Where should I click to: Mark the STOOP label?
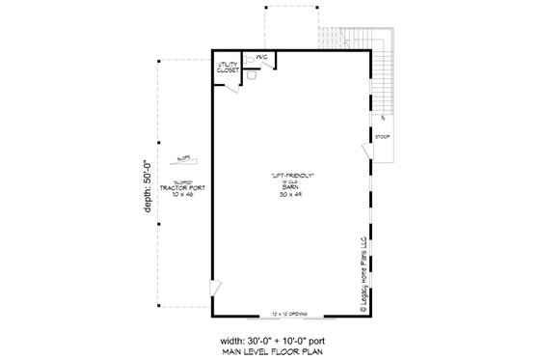tap(382, 137)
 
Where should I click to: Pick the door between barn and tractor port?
tap(218, 287)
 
